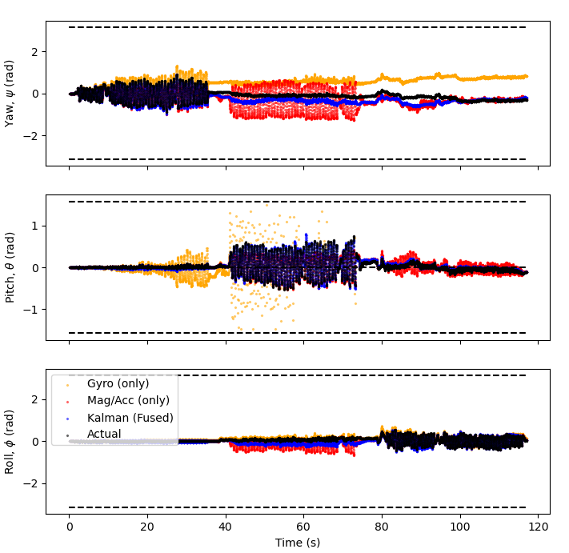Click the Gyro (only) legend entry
click(118, 384)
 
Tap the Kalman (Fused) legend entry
click(130, 418)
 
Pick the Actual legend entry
click(104, 435)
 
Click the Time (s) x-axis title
click(298, 542)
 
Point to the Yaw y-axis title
click(10, 93)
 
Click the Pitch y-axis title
click(10, 267)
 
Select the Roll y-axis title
click(10, 442)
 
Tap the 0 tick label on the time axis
click(70, 527)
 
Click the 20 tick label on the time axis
click(147, 527)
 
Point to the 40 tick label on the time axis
click(226, 527)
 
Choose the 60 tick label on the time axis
click(303, 527)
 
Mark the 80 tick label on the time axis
click(382, 527)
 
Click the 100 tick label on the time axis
click(459, 527)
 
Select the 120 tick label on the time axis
click(538, 527)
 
